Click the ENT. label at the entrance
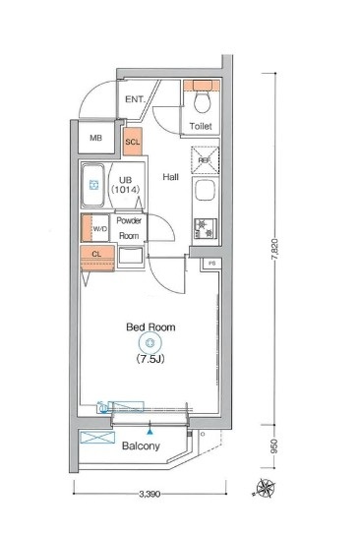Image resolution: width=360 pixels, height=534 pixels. [x=134, y=99]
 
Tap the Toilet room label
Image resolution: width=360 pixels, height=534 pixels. [x=202, y=127]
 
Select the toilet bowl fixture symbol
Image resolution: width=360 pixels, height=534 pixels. [x=203, y=101]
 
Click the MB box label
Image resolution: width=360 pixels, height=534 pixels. [x=95, y=139]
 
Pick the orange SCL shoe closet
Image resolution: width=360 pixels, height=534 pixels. [x=133, y=142]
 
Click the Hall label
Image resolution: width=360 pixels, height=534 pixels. [x=170, y=177]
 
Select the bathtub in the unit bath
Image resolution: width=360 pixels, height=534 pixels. [x=94, y=187]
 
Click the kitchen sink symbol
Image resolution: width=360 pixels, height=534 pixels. [x=207, y=191]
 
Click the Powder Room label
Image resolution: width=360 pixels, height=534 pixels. [x=130, y=228]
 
